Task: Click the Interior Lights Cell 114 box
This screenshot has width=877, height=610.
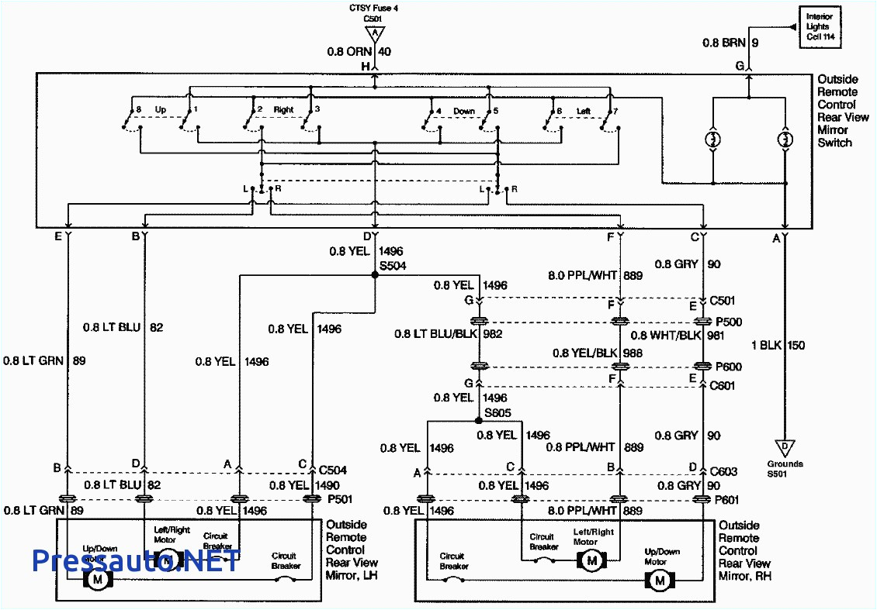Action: pos(820,27)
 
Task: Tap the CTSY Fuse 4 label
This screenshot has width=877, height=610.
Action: pos(375,9)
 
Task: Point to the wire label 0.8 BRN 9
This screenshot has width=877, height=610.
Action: pos(730,43)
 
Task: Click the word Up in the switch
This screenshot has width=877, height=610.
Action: pos(161,109)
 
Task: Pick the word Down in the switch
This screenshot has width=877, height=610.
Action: pos(464,111)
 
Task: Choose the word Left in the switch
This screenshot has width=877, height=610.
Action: pos(583,111)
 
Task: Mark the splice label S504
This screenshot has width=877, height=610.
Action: pos(392,265)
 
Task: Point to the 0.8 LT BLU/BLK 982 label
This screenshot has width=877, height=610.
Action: pos(449,334)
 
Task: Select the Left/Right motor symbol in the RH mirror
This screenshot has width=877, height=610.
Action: pos(591,560)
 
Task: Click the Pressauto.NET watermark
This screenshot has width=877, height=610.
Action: pos(136,560)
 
